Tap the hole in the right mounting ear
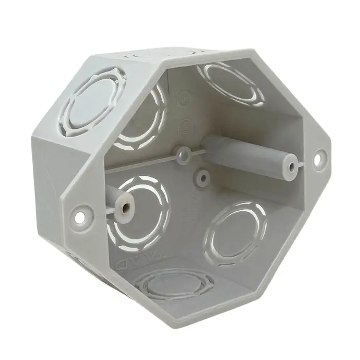pyautogui.click(x=320, y=157)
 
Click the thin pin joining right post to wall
pyautogui.click(x=299, y=165)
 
